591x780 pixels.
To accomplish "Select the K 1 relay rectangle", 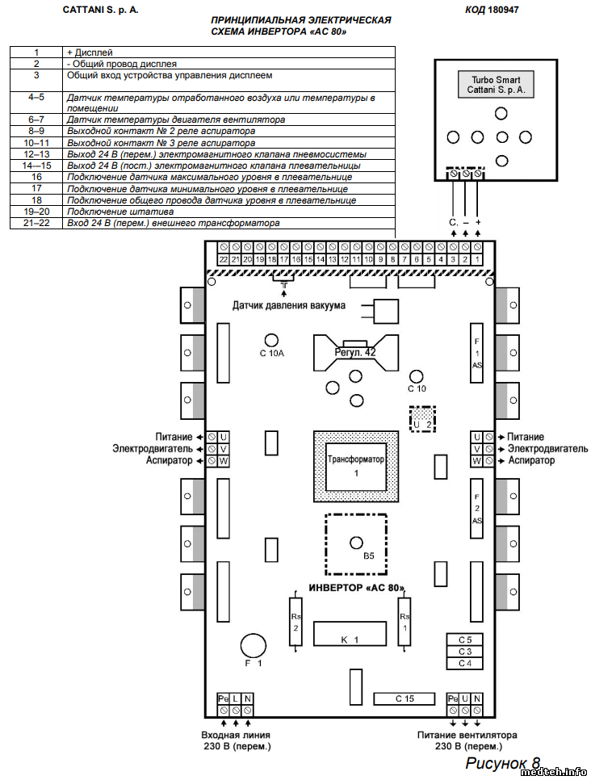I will [x=350, y=635].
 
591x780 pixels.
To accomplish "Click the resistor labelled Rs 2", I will [x=295, y=623].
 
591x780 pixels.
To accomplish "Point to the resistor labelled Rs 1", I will [x=404, y=623].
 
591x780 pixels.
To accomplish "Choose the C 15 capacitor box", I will [x=404, y=698].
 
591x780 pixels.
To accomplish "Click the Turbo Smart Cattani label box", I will [x=495, y=86].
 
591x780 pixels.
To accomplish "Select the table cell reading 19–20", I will [x=36, y=212].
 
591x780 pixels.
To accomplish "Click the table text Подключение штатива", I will [x=120, y=212].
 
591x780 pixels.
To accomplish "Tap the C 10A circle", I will [x=273, y=340].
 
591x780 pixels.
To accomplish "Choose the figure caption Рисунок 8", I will [x=502, y=762].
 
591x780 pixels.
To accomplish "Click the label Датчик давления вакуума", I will [x=289, y=306].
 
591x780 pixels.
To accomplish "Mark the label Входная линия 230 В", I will [x=236, y=740].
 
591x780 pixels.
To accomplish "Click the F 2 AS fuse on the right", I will [x=477, y=508].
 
